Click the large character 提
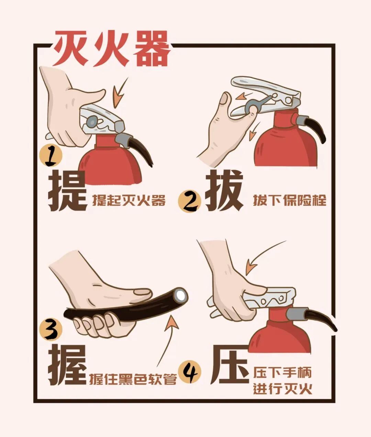coord(67,192)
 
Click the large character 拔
coord(224,192)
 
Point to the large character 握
coord(67,365)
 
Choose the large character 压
coord(229,365)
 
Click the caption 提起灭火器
coord(129,200)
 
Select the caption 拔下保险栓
coord(290,200)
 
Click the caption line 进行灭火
coord(282,389)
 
